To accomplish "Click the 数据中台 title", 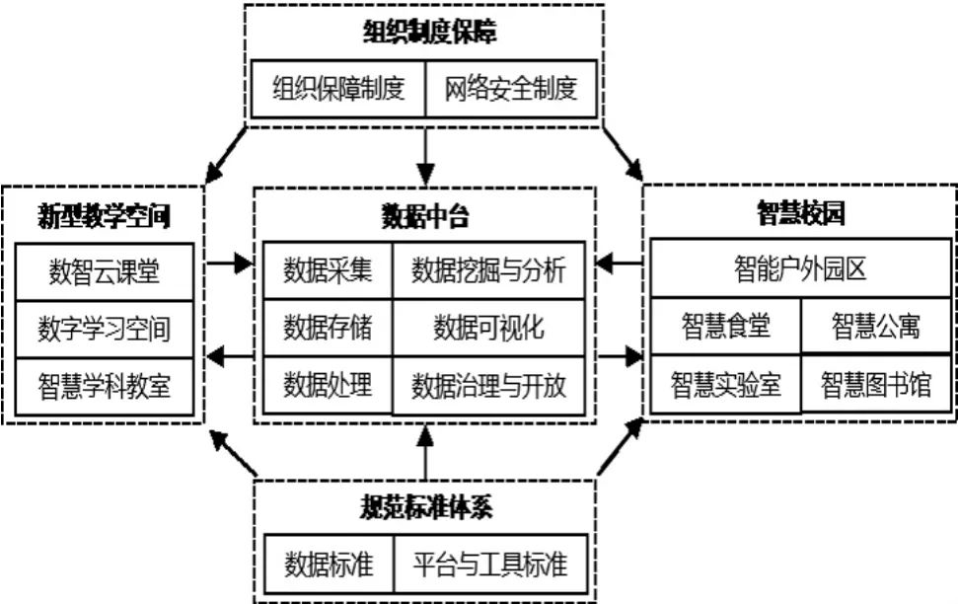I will tap(425, 213).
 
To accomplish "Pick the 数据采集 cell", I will tap(328, 269).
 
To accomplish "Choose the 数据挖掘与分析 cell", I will tap(488, 269).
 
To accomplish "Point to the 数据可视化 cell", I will tap(488, 327).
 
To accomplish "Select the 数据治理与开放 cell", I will tap(488, 384).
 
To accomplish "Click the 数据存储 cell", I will tap(328, 327).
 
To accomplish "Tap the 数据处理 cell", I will tap(328, 384).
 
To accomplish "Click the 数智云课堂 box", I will tap(105, 270).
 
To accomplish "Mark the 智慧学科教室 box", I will tap(105, 385).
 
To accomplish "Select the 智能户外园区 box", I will tap(800, 269).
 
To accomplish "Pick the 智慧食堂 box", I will tap(725, 327).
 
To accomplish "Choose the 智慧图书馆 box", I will tap(876, 385).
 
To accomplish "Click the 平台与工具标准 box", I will tap(490, 565).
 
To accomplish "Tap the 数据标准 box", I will tap(329, 565).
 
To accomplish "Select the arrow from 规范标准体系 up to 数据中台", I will tap(425, 453).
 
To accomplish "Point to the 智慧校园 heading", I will tap(800, 211).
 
